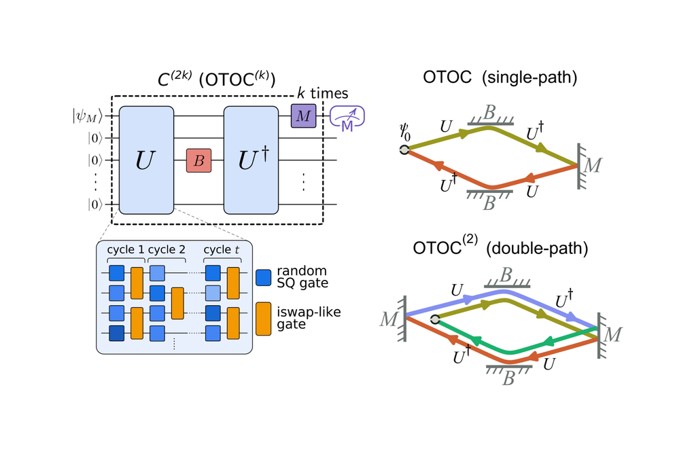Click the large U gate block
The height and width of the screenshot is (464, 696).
146,160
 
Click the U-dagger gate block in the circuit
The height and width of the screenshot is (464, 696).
252,160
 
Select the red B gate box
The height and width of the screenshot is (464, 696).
199,160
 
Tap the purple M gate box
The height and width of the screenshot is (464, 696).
303,116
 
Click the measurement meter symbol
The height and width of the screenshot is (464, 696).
347,118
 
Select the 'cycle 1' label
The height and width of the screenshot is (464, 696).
125,249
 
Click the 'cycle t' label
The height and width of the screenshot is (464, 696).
222,249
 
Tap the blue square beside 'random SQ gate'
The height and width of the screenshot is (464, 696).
264,278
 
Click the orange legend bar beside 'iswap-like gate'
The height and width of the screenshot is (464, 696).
264,319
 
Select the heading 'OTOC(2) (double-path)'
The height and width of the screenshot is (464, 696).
499,249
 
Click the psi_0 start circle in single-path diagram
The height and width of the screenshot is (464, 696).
404,150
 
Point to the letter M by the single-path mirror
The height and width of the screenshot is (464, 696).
594,164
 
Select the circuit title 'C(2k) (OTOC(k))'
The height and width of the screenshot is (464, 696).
215,79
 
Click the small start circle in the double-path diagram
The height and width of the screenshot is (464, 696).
435,318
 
